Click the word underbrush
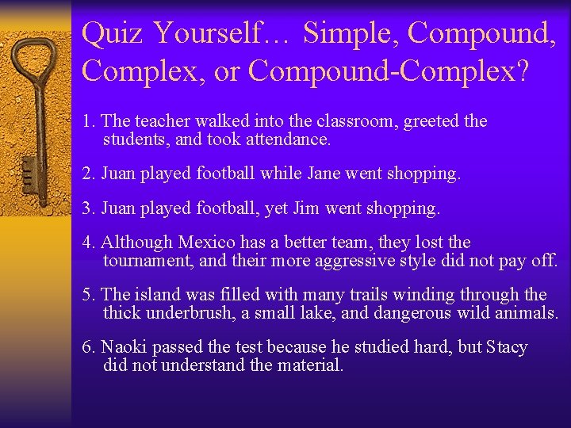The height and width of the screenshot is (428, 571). (189, 313)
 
